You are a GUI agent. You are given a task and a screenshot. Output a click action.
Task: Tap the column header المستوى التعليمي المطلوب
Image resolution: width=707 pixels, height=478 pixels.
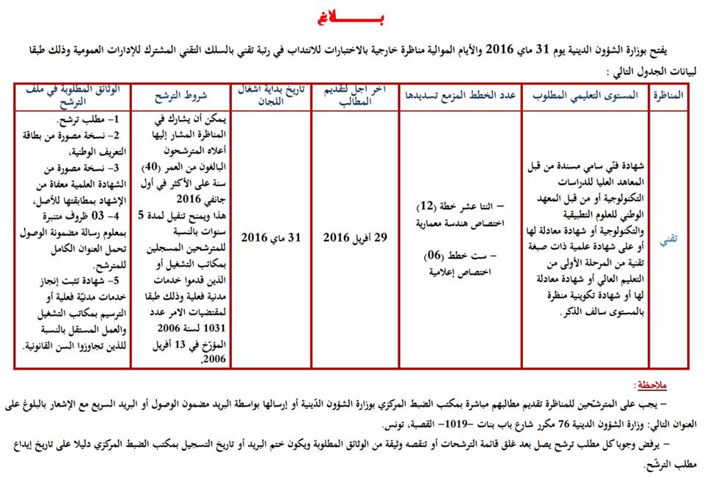(583, 96)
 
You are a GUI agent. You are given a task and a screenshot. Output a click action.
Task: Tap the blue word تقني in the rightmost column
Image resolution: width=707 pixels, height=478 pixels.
(666, 238)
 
